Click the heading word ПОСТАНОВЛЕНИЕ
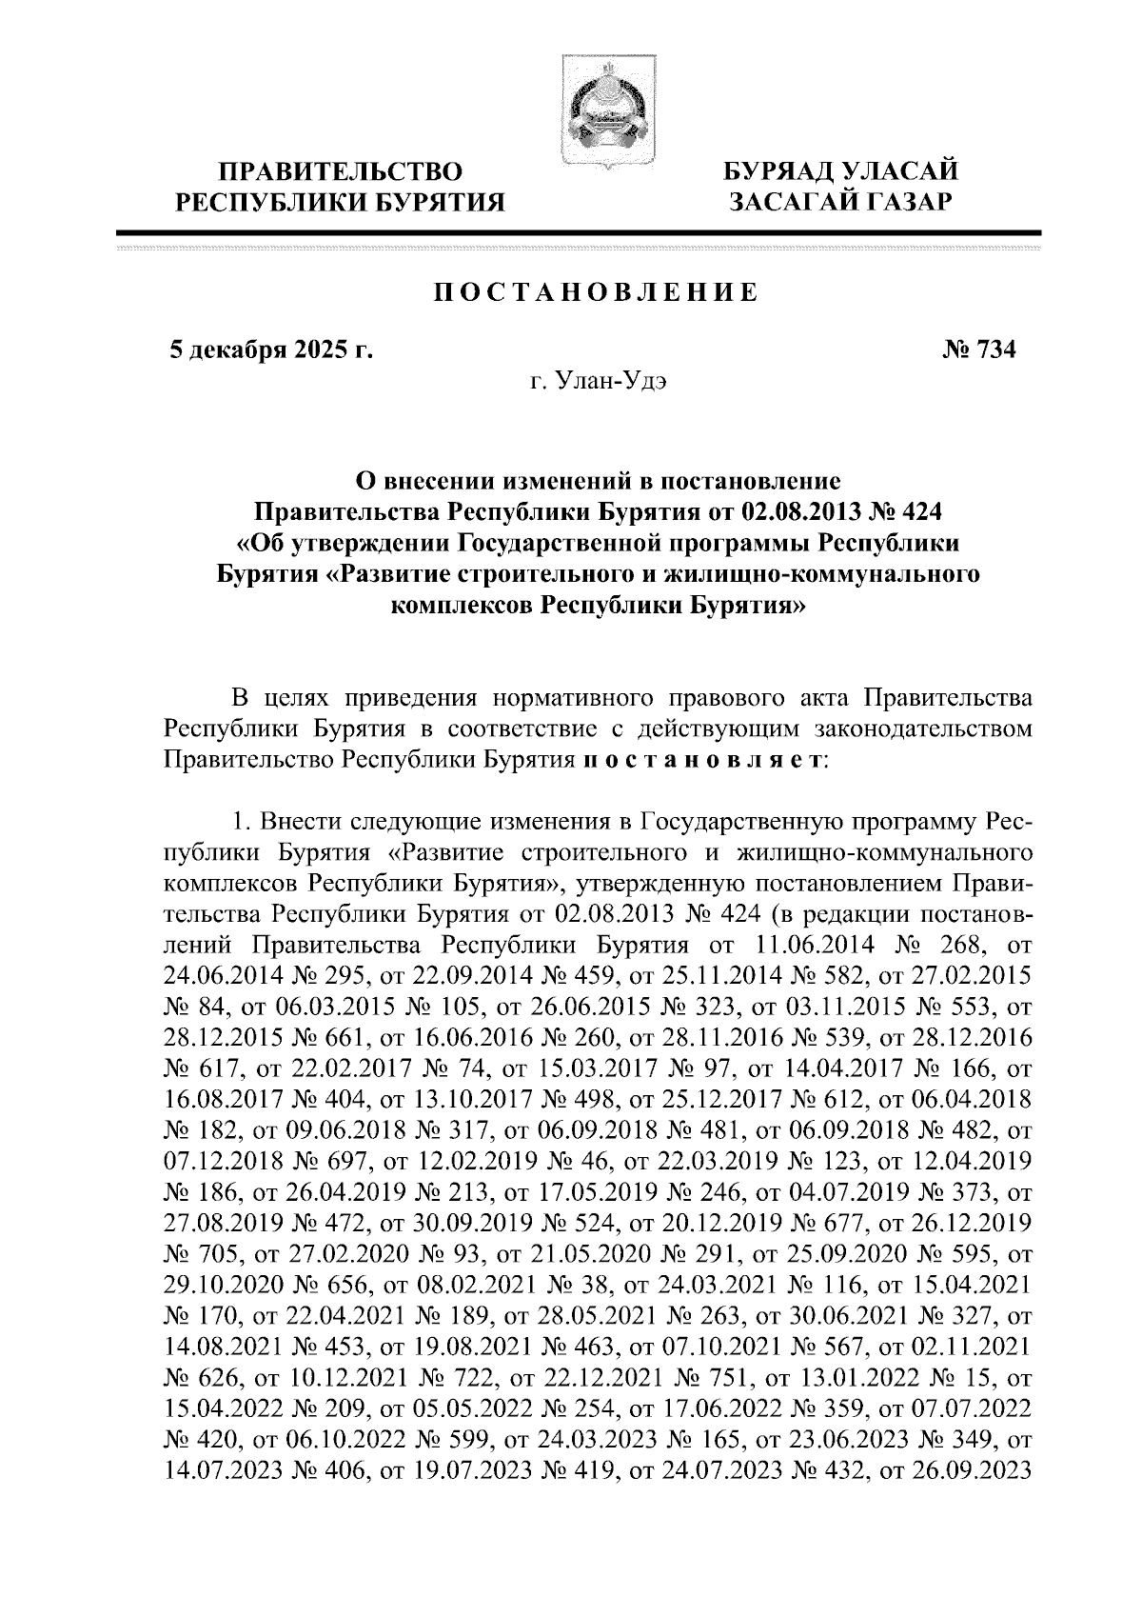pos(596,292)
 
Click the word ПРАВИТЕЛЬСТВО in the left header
pos(343,172)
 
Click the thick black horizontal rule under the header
pos(579,231)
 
